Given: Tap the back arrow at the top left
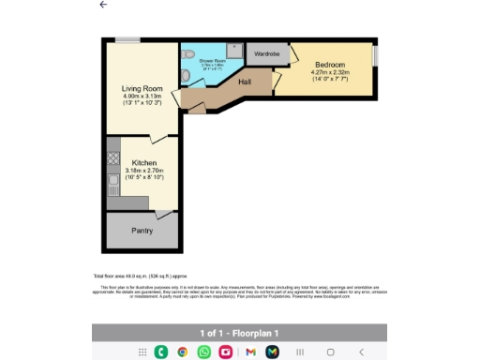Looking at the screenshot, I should pos(103,5).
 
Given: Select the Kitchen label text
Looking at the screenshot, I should pos(143,162).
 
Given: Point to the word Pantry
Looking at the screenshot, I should pos(142,230).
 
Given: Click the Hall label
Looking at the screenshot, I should pos(244,82).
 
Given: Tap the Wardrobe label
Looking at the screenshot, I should pos(267,54).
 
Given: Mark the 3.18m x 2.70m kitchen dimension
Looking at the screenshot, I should pos(143,170).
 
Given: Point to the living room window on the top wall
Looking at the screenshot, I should pos(127,39).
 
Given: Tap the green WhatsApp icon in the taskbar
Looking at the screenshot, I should pos(203,352).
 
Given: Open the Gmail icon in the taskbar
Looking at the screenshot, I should pos(249,352).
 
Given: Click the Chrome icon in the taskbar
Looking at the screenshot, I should pos(182,352).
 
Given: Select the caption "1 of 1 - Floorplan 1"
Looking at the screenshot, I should pos(239,333).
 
